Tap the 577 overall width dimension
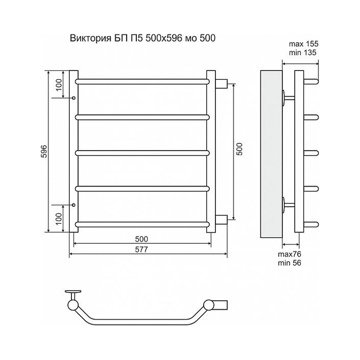click(x=141, y=249)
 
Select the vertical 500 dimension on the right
click(x=240, y=149)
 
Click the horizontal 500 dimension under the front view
click(x=141, y=239)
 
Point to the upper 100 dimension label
click(x=59, y=85)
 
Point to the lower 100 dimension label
click(x=59, y=219)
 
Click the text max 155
click(x=303, y=44)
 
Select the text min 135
click(x=302, y=52)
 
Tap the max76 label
click(x=289, y=254)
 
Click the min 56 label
click(x=289, y=263)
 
